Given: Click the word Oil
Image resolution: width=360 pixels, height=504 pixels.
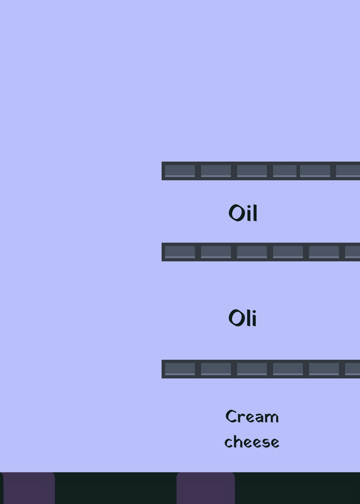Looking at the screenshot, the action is click(243, 213).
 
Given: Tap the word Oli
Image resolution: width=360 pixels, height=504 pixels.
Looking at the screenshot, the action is click(243, 318).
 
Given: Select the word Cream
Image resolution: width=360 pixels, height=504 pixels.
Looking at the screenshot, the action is click(252, 416).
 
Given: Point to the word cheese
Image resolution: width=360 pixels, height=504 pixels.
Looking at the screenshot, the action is click(252, 442).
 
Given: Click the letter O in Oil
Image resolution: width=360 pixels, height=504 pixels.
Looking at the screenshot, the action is click(235, 213).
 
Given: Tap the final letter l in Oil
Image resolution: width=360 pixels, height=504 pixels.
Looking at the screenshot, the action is click(255, 212).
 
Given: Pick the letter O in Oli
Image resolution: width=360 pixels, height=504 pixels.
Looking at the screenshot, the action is click(235, 318).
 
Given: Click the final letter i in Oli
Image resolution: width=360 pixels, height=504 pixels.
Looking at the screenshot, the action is click(254, 319).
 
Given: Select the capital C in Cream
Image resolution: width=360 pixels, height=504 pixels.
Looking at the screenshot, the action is click(231, 416).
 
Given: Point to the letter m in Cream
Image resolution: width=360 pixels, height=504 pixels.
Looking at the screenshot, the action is click(272, 418).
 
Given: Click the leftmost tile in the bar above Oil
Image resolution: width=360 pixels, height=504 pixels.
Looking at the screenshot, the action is click(180, 171).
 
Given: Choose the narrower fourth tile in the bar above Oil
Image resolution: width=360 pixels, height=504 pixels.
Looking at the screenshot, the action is click(285, 171).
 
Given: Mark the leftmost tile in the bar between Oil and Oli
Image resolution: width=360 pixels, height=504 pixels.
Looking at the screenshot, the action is click(180, 252).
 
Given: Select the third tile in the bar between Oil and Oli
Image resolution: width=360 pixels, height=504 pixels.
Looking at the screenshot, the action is click(252, 252).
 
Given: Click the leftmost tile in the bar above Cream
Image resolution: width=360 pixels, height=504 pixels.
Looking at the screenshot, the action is click(180, 369).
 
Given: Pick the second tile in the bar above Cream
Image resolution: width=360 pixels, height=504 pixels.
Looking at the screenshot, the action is click(216, 369).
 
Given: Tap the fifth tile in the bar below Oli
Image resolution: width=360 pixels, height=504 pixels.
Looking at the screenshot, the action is click(324, 369).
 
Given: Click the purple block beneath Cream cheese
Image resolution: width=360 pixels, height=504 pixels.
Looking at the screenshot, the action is click(206, 488).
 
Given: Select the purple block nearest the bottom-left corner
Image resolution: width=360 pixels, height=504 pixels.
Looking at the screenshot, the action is click(28, 488).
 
